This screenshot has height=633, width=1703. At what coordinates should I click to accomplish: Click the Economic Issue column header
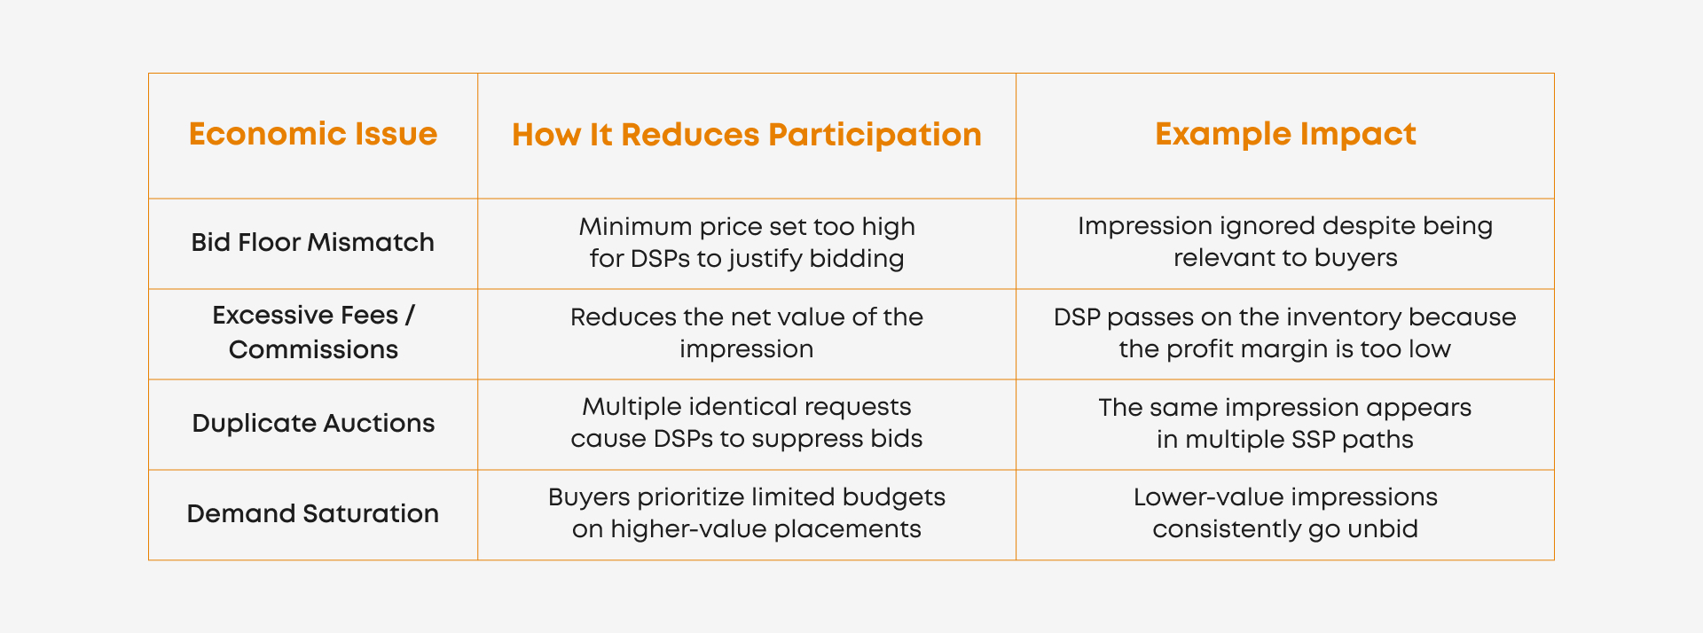(313, 134)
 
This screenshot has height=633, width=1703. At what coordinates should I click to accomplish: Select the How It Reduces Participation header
(747, 135)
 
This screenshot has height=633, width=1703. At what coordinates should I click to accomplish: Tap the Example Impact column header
(1285, 134)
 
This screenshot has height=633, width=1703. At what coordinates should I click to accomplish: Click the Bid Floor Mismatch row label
(313, 242)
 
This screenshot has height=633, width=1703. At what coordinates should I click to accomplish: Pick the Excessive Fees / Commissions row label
(313, 332)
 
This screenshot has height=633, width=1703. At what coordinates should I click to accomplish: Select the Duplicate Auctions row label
(313, 423)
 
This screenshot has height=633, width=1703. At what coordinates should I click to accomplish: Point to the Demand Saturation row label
(313, 513)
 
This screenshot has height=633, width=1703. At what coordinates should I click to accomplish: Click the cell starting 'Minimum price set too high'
(747, 242)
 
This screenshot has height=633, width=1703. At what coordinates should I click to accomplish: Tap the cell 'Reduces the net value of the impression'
(747, 332)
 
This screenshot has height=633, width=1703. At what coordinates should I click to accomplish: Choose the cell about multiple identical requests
(747, 423)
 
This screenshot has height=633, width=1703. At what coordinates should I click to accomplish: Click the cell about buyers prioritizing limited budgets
(747, 513)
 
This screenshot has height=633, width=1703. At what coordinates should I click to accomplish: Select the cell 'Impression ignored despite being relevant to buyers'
(1285, 242)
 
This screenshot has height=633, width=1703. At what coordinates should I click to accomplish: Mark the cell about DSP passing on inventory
(1285, 332)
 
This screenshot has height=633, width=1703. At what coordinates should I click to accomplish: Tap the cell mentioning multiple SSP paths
(1285, 423)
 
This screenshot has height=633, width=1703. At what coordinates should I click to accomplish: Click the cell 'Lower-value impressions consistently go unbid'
(1285, 513)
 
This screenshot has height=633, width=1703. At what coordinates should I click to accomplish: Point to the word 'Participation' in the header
(875, 136)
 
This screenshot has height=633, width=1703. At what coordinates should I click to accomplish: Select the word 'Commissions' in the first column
(313, 349)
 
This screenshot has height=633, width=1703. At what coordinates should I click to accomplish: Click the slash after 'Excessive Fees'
(410, 316)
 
